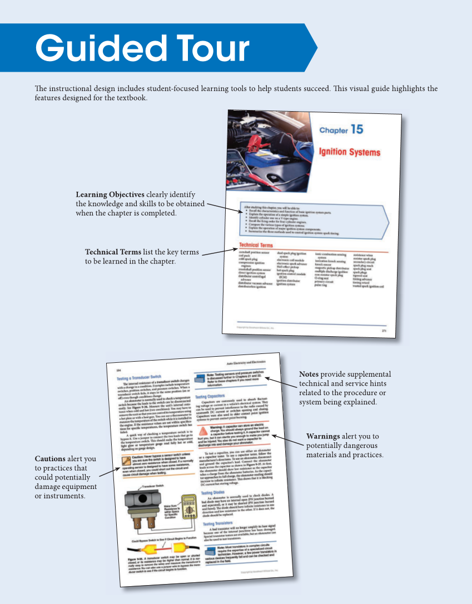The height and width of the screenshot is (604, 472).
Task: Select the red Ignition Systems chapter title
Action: click(x=349, y=152)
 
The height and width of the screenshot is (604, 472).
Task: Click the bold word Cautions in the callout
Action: click(x=50, y=459)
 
